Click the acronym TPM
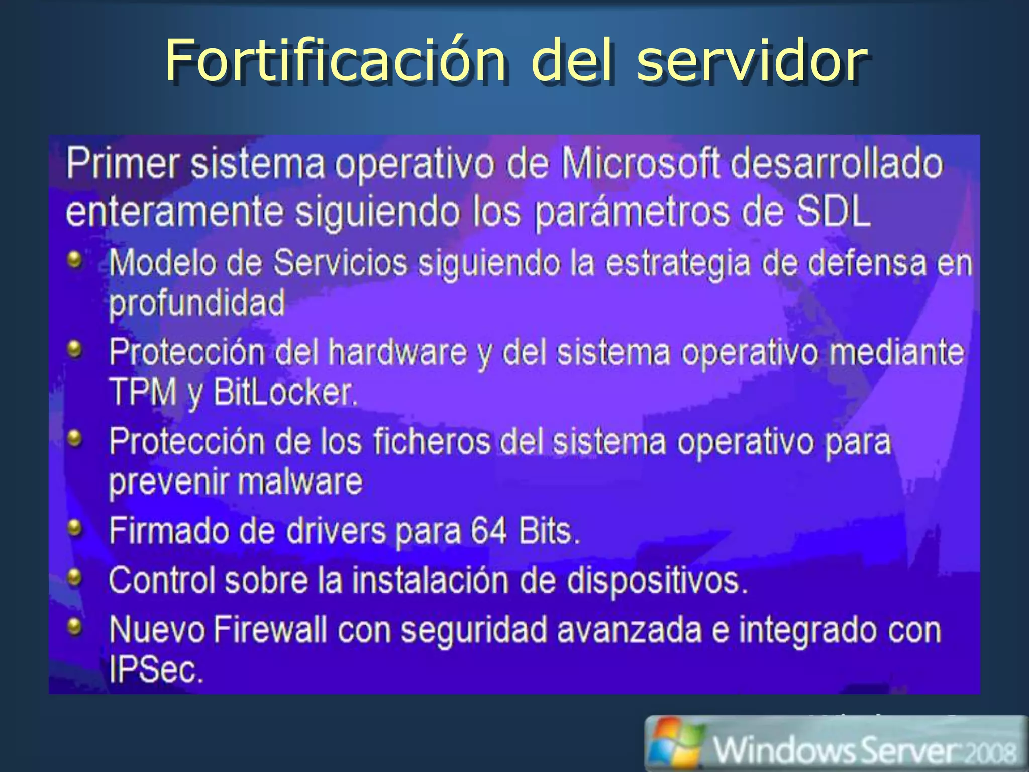(143, 392)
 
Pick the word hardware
(397, 352)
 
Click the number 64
(488, 531)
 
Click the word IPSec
(156, 669)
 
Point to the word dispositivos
(657, 581)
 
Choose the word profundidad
(197, 303)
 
